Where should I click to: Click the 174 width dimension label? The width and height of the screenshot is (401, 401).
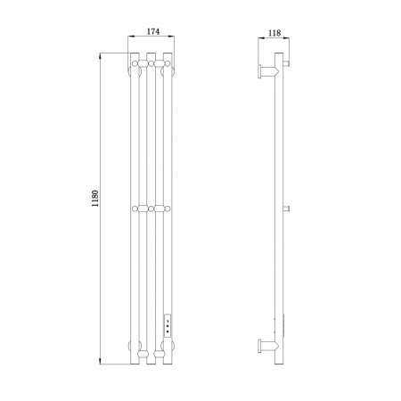(153, 31)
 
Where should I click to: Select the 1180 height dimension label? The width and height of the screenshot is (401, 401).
(95, 198)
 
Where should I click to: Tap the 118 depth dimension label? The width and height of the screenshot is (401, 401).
(274, 33)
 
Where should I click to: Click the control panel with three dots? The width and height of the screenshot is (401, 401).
(168, 325)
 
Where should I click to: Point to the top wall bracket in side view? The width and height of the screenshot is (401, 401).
(268, 71)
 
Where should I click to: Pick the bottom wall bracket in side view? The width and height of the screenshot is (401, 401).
(268, 346)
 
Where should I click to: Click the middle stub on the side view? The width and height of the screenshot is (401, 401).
(286, 209)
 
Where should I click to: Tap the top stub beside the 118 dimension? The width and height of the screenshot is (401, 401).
(286, 63)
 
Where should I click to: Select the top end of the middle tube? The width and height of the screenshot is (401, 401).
(151, 53)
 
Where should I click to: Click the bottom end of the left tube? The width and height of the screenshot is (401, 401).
(135, 364)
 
